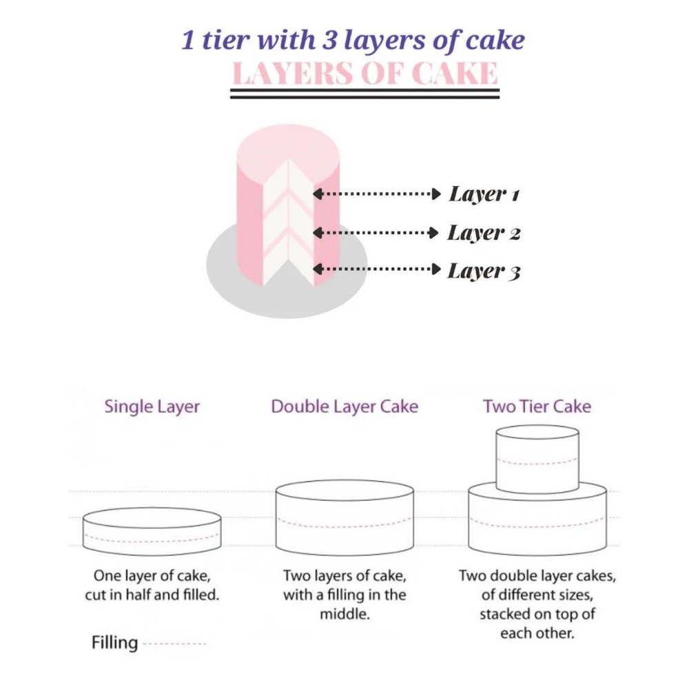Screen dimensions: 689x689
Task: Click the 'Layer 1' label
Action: pyautogui.click(x=484, y=194)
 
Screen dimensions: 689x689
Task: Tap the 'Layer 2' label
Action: pyautogui.click(x=484, y=233)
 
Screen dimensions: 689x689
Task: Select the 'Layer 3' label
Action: pyautogui.click(x=484, y=271)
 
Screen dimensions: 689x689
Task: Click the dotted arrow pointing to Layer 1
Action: pyautogui.click(x=377, y=194)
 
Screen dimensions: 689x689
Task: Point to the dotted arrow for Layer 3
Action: pyautogui.click(x=377, y=269)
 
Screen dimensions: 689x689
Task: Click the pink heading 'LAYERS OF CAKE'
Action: pyautogui.click(x=364, y=73)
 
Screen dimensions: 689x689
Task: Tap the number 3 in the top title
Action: pyautogui.click(x=329, y=41)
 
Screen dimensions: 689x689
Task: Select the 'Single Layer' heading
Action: pyautogui.click(x=152, y=407)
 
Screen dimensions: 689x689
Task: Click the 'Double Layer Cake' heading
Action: pyautogui.click(x=344, y=407)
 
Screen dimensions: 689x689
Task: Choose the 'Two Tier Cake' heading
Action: pyautogui.click(x=537, y=407)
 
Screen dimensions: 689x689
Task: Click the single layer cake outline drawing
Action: pyautogui.click(x=152, y=532)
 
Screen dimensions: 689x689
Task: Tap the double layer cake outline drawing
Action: pyautogui.click(x=344, y=518)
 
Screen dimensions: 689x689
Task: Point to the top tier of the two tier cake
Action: pyautogui.click(x=537, y=459)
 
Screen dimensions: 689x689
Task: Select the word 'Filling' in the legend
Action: pyautogui.click(x=114, y=643)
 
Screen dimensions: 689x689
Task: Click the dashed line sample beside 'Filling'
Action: pyautogui.click(x=175, y=644)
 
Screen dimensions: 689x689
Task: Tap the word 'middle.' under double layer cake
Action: pyautogui.click(x=344, y=614)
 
